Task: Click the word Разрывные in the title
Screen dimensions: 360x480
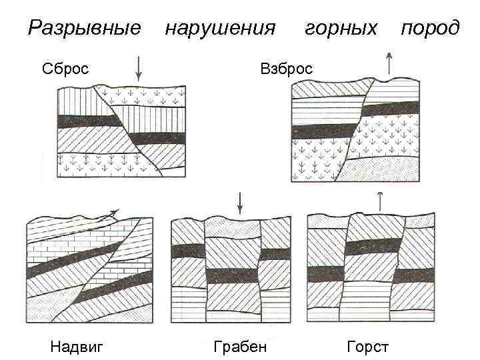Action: (85, 29)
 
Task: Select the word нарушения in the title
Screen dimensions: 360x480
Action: (220, 29)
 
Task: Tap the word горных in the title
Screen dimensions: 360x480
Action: (341, 29)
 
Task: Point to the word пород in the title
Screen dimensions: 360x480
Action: (430, 29)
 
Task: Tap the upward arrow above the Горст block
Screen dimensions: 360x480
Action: (380, 201)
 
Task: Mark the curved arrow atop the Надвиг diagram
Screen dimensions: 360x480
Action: (107, 215)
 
